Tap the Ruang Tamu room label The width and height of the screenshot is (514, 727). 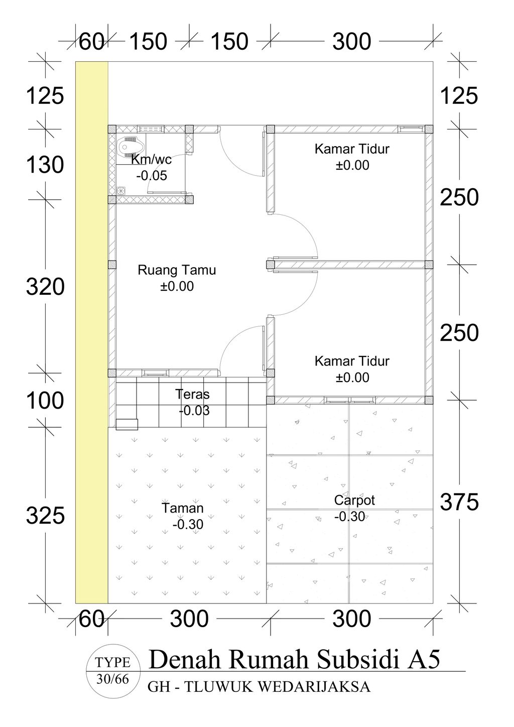[x=177, y=270]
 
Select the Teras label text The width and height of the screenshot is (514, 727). [x=193, y=394]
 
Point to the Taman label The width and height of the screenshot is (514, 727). [x=183, y=508]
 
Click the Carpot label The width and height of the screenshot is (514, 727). [x=354, y=500]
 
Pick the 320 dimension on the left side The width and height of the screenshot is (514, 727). [x=45, y=287]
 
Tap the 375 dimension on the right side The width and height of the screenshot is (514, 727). [x=460, y=502]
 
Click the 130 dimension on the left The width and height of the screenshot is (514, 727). [x=45, y=165]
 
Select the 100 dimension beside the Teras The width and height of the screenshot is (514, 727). [x=45, y=401]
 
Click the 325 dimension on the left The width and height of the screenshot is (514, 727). [x=45, y=516]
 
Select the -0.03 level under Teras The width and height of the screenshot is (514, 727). [x=194, y=411]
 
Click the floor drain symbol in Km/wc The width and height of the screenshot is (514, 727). [x=120, y=190]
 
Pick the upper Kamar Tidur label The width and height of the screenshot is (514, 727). [x=352, y=149]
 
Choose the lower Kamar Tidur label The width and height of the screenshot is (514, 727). [x=352, y=361]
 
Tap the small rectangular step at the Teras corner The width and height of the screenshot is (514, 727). [x=126, y=424]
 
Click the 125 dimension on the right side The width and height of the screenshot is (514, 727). [x=460, y=95]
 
